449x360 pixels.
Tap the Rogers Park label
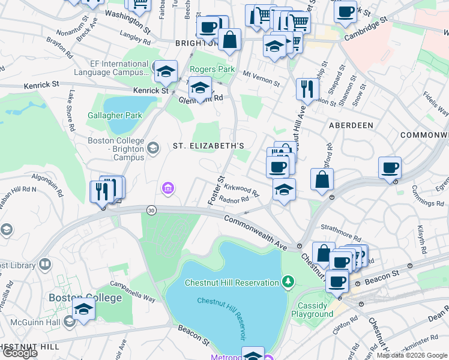(x=212, y=69)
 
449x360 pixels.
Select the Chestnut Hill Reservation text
(x=232, y=283)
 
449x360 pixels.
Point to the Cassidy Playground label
(x=312, y=310)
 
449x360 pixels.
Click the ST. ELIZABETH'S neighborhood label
(x=208, y=146)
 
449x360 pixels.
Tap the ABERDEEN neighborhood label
(x=351, y=125)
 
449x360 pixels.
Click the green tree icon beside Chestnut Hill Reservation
(x=288, y=281)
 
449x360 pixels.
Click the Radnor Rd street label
(x=234, y=200)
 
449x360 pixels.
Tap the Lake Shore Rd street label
(x=71, y=110)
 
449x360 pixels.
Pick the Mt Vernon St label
(x=262, y=77)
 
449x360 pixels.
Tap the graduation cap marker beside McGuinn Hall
(x=84, y=309)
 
